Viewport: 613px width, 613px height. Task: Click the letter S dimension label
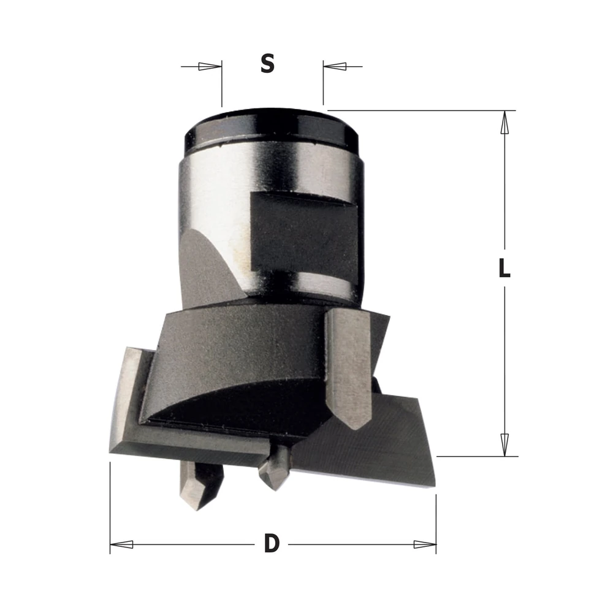coord(268,64)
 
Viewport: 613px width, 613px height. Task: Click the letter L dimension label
coord(504,268)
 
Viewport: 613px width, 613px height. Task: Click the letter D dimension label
coord(272,543)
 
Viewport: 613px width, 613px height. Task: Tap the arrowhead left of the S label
coord(210,66)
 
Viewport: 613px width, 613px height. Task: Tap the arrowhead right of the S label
coord(335,66)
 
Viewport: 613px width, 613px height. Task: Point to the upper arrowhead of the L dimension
coord(504,123)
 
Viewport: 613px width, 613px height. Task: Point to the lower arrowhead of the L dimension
coord(504,445)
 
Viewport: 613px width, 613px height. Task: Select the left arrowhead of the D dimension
coord(121,544)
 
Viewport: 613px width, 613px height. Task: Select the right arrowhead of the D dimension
coord(425,544)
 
